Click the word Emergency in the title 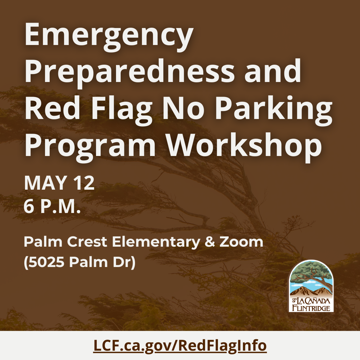(x=109, y=37)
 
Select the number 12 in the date (x=84, y=183)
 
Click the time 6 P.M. (x=52, y=207)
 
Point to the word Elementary (x=156, y=243)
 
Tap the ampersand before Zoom (x=210, y=242)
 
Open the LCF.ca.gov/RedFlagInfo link (x=180, y=346)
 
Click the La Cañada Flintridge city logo (x=311, y=286)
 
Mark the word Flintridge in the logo (x=311, y=308)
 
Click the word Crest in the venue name (x=87, y=242)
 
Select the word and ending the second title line (x=273, y=70)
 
